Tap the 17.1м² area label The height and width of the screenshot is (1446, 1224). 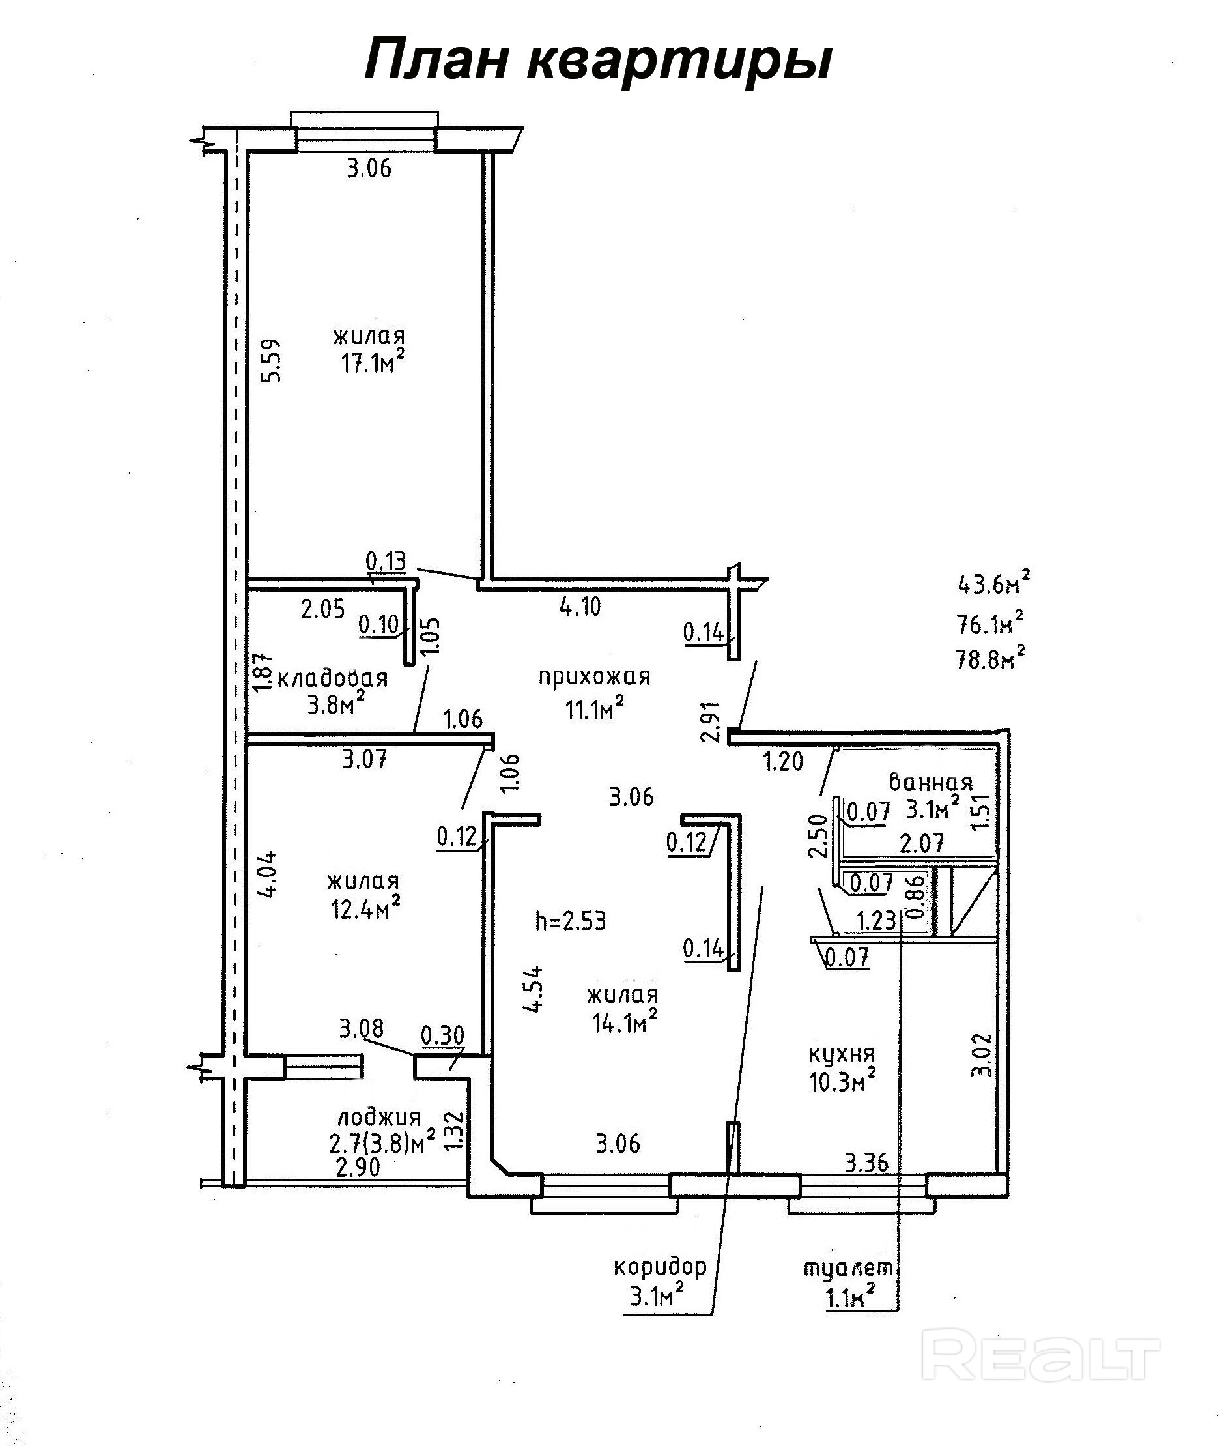pyautogui.click(x=372, y=362)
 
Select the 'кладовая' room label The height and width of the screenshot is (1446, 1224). pyautogui.click(x=332, y=678)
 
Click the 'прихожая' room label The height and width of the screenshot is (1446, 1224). pyautogui.click(x=594, y=676)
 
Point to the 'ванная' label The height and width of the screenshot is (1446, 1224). pyautogui.click(x=931, y=784)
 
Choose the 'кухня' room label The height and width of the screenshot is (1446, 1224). pyautogui.click(x=842, y=1054)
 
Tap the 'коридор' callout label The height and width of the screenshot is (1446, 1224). pyautogui.click(x=660, y=1267)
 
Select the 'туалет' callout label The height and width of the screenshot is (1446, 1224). pyautogui.click(x=849, y=1268)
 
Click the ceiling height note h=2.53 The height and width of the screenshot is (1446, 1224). pyautogui.click(x=571, y=921)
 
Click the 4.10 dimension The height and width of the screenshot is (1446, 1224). pyautogui.click(x=580, y=607)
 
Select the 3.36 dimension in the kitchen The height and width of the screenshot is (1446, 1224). pyautogui.click(x=866, y=1163)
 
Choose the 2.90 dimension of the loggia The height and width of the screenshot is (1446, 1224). pyautogui.click(x=358, y=1168)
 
